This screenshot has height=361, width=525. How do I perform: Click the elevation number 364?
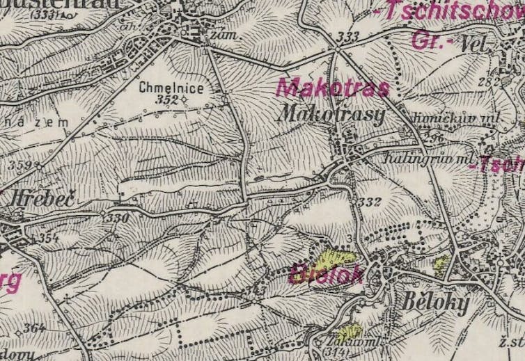(x=33, y=328)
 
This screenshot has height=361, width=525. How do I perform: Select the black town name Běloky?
(x=427, y=303)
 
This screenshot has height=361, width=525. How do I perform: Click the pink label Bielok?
(x=326, y=274)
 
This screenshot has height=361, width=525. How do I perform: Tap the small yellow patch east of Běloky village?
(x=441, y=263)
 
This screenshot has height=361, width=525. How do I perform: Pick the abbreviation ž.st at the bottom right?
(x=511, y=344)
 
